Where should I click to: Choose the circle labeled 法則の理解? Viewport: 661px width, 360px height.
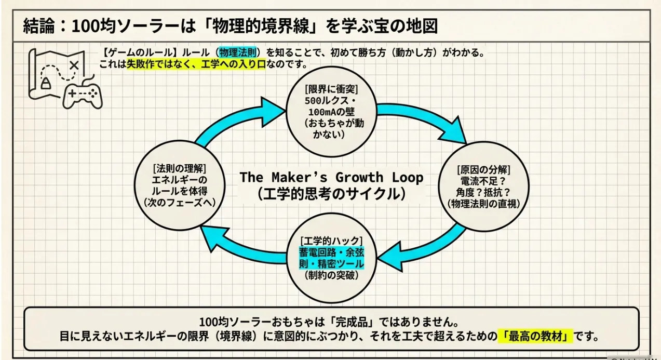pos(180,185)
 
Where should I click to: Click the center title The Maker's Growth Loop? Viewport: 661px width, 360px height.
pos(331,177)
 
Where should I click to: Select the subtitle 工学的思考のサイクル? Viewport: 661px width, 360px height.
pos(331,194)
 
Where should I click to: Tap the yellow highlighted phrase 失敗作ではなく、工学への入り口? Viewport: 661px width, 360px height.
pos(196,65)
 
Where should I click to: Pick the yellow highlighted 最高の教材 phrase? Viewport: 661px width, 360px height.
pos(535,336)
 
